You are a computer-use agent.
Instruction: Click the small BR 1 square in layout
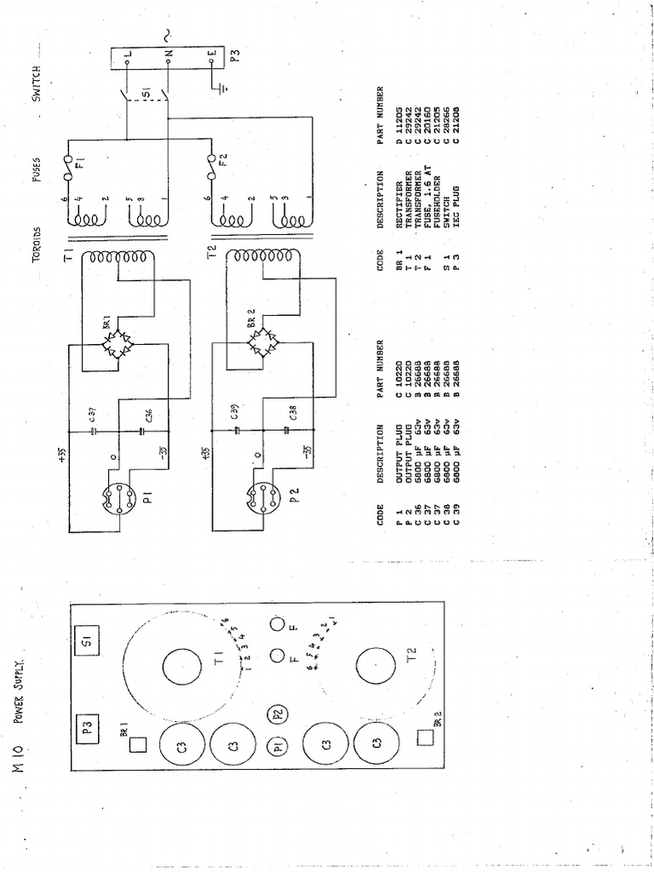(138, 743)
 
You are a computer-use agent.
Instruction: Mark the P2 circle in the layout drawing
(278, 714)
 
